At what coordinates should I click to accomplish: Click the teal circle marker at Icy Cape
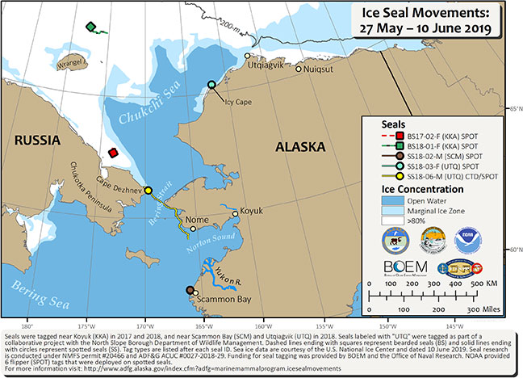coord(211,85)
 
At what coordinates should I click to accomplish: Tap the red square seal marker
coord(114,153)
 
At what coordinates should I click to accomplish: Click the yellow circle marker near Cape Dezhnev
coord(148,191)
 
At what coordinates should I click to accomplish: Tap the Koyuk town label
coord(254,213)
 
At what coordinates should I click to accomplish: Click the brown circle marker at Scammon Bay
coord(190,289)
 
